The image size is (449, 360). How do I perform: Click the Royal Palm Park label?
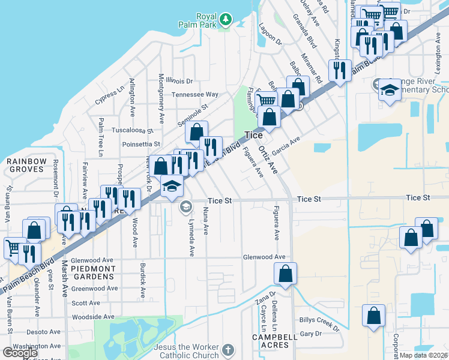click(x=198, y=20)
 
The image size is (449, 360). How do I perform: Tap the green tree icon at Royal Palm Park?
click(x=226, y=20)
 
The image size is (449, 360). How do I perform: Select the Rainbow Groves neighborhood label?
click(x=26, y=165)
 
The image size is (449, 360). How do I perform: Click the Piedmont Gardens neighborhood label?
click(x=93, y=272)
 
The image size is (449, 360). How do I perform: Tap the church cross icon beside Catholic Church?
click(x=228, y=350)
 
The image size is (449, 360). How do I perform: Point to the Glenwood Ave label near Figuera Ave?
click(x=264, y=257)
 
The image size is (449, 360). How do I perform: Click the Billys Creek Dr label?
click(x=319, y=323)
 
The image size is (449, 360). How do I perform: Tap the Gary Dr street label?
click(x=310, y=334)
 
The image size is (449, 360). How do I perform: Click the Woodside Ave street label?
click(x=92, y=316)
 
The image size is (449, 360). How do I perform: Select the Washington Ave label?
click(x=37, y=346)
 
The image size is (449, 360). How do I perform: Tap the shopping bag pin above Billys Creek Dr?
click(x=373, y=316)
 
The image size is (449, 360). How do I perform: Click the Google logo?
click(x=20, y=353)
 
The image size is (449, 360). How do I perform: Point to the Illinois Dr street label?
click(x=180, y=80)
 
